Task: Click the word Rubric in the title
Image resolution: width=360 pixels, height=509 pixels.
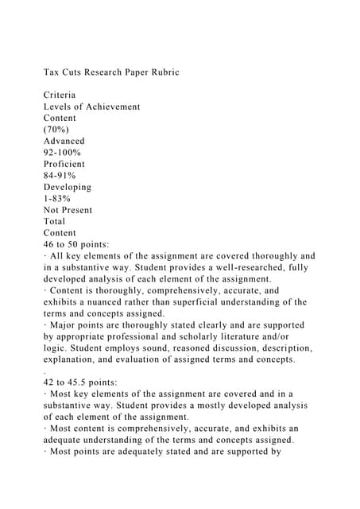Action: click(162, 72)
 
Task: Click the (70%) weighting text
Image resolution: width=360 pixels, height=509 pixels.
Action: click(58, 130)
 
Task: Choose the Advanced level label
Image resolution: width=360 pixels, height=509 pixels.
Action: click(64, 141)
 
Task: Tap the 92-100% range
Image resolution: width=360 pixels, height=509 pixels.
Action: click(63, 153)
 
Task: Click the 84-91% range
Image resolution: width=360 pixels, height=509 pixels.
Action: click(60, 176)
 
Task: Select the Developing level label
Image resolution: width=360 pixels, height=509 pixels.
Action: click(68, 187)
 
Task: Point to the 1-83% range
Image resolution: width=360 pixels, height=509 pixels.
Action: click(56, 199)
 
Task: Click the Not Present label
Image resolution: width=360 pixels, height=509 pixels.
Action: click(68, 210)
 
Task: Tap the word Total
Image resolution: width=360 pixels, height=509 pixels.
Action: click(56, 222)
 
